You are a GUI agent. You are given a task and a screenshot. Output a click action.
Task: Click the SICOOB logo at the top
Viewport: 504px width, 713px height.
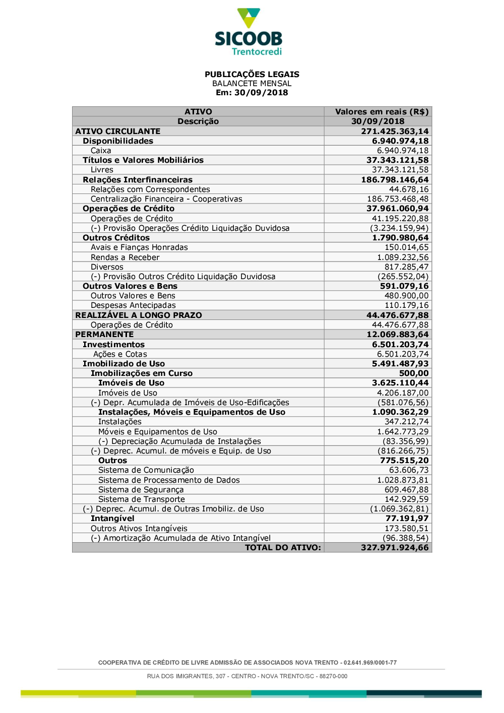248,31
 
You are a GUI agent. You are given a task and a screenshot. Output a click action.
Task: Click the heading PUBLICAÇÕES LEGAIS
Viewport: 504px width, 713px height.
251,74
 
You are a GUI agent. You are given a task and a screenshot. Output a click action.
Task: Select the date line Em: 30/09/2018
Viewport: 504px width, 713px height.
251,93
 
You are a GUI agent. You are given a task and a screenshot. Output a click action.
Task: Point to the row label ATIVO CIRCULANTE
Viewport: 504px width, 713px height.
117,132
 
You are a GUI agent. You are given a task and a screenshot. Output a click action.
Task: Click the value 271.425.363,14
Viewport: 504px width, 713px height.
395,132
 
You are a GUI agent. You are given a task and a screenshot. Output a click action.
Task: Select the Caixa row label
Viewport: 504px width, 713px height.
101,151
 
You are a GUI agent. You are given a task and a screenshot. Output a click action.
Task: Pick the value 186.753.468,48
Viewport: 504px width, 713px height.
398,199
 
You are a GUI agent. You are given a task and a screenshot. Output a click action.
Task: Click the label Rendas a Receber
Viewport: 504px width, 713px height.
125,257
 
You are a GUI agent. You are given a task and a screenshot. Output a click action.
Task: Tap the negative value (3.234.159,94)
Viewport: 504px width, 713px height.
399,228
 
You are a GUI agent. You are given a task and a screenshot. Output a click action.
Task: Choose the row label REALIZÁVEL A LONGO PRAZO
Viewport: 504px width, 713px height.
139,315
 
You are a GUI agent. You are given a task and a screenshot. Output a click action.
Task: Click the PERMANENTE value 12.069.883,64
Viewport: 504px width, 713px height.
398,335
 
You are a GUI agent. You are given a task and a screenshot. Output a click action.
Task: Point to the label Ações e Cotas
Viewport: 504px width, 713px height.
120,354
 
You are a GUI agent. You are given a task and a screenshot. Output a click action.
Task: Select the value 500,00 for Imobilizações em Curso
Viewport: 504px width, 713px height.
414,373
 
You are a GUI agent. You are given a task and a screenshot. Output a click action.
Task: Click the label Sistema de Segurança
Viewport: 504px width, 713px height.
141,490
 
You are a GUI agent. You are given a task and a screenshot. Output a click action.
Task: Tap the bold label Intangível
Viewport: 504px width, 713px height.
112,518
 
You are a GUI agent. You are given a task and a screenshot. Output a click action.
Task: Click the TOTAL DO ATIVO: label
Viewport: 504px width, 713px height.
283,548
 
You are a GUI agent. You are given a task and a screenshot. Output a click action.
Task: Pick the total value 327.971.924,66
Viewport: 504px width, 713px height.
395,548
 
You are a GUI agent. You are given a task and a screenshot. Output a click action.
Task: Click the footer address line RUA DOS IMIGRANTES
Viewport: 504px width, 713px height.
247,676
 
